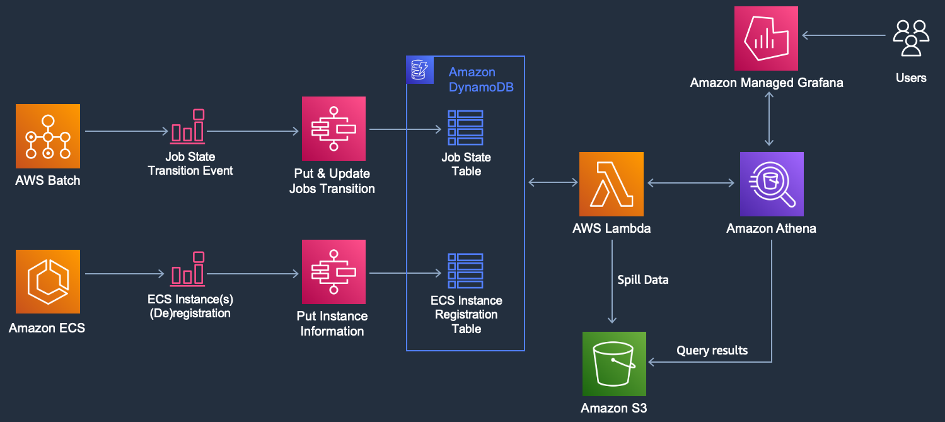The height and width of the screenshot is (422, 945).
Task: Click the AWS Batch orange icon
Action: tap(48, 136)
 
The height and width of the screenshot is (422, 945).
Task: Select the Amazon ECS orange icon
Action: tap(48, 281)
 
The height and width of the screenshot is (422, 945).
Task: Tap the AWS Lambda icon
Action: tap(612, 184)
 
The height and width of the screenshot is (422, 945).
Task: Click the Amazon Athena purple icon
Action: tap(772, 184)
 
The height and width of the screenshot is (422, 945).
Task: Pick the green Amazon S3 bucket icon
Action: tap(614, 364)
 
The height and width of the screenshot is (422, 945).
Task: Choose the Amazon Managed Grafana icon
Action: tap(766, 38)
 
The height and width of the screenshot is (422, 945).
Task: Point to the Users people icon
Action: tap(911, 38)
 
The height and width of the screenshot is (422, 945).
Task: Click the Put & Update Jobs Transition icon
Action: tap(333, 129)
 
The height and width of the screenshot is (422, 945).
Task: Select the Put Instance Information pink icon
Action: tap(333, 272)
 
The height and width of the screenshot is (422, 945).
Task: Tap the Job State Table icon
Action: tap(465, 128)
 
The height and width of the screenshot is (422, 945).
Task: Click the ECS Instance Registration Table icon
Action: tap(465, 271)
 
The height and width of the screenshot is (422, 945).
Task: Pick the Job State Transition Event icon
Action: tap(188, 126)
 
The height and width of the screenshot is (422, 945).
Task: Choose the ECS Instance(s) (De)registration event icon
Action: tap(188, 269)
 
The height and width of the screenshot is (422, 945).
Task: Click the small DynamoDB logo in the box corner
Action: tap(420, 69)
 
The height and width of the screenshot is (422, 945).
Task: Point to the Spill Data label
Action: tap(643, 280)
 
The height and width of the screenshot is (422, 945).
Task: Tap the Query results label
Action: tap(712, 350)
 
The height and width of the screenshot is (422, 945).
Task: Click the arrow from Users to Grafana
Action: tap(844, 35)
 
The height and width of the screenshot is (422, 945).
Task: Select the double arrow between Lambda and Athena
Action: tap(690, 183)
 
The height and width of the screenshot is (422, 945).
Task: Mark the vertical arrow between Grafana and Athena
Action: tap(769, 119)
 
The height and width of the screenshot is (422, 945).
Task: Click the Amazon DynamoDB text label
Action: tap(481, 79)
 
